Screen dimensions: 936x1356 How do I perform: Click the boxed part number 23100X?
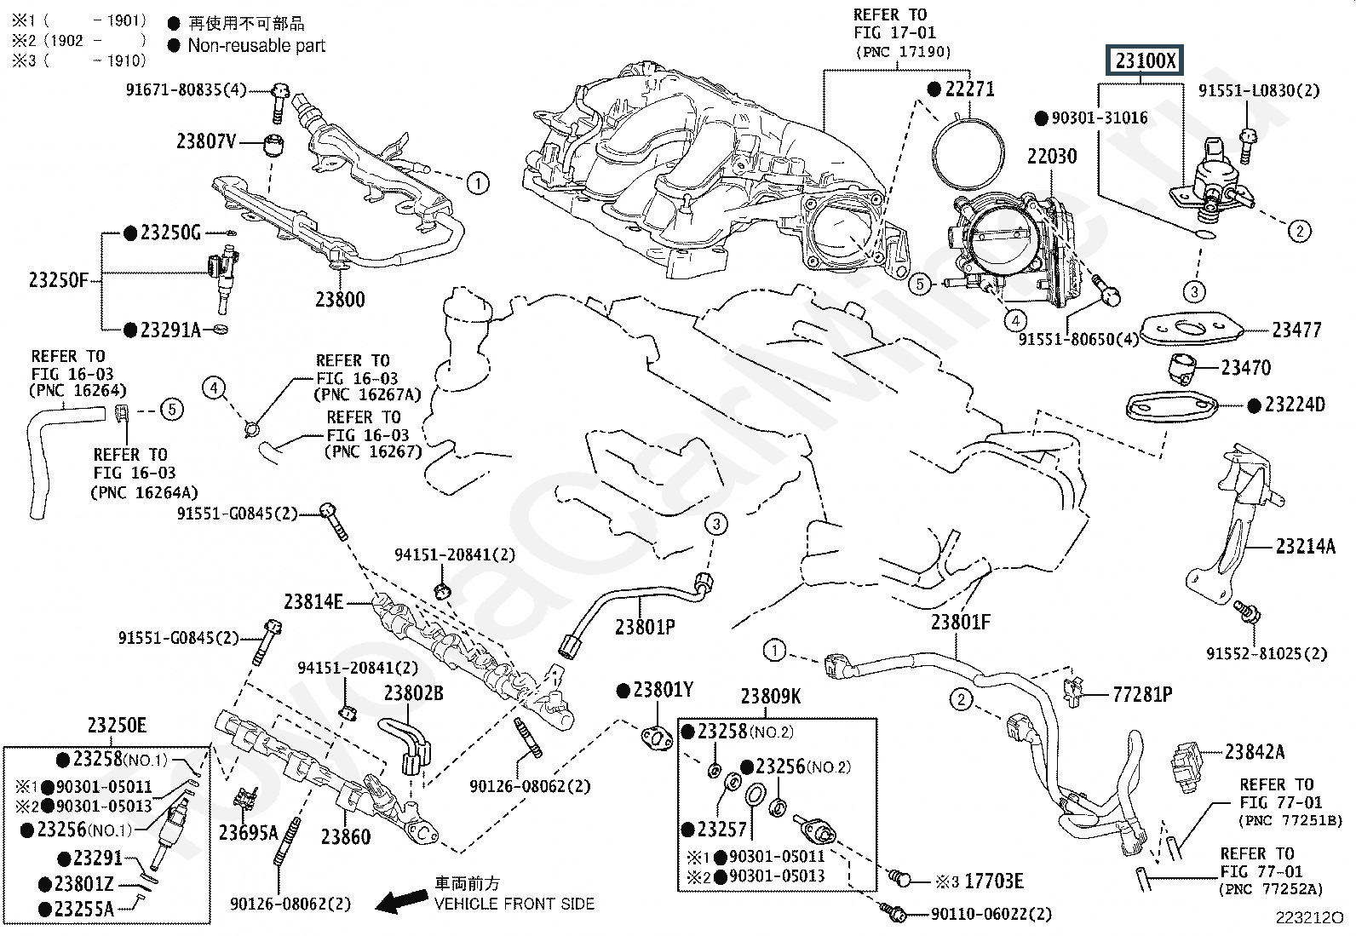1145,61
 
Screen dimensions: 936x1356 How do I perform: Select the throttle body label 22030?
1051,157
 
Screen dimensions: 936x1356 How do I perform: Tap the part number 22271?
968,89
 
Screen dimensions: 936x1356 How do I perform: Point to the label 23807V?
206,141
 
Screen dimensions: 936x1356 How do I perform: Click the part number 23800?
340,300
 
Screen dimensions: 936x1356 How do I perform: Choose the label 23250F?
59,279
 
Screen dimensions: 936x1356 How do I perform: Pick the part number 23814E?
313,603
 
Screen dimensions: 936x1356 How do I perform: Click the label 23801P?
645,628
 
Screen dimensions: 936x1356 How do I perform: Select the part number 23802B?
413,693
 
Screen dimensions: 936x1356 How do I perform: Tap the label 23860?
346,837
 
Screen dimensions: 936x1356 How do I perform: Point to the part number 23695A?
248,833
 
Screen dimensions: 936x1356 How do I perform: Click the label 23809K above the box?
770,698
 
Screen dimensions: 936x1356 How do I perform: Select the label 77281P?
1142,695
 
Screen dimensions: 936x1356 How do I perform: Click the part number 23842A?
1255,751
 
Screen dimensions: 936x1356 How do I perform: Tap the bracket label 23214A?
1305,547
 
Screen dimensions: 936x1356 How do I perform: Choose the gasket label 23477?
1296,330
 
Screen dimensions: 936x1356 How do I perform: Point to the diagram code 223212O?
1308,918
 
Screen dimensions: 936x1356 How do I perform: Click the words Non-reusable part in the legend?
256,46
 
